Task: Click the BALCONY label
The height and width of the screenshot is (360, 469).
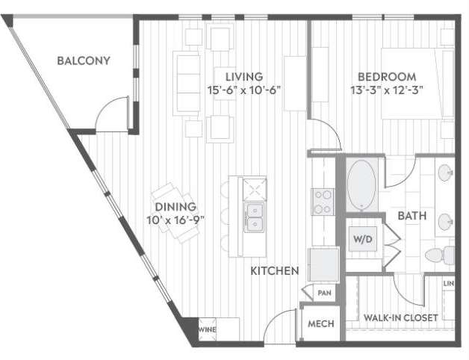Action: [84, 60]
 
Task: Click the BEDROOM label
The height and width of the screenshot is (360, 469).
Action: [385, 76]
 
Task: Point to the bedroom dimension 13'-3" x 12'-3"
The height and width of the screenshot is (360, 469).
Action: [385, 90]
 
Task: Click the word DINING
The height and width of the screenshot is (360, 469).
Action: [176, 207]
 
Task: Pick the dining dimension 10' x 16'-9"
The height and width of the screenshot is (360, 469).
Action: [176, 220]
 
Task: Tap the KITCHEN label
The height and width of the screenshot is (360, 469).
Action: [275, 270]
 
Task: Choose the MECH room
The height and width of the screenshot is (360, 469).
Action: [321, 324]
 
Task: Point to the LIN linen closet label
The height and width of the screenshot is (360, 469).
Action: [448, 285]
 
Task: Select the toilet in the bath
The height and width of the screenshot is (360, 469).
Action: [436, 255]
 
